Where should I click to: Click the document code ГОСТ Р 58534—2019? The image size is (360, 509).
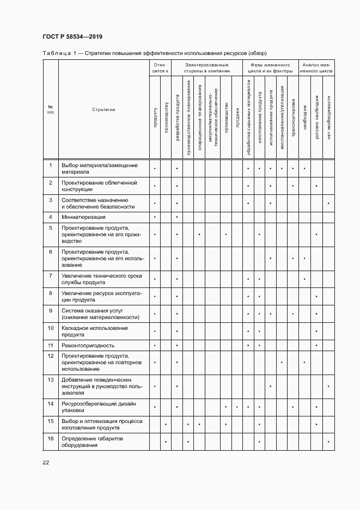[x=72, y=36]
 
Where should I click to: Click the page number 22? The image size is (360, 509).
[x=46, y=462]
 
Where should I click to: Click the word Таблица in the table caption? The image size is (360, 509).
[x=56, y=53]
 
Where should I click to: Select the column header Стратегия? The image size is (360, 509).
[x=103, y=109]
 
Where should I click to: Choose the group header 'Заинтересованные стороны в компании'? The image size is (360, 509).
[x=206, y=68]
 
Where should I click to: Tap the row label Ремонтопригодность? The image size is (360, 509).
[x=88, y=345]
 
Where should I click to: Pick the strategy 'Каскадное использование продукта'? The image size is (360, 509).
[x=95, y=331]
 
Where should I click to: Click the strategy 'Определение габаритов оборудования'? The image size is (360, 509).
[x=93, y=441]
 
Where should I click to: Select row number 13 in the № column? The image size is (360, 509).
[x=51, y=379]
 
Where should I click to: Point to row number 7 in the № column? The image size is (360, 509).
[x=51, y=276]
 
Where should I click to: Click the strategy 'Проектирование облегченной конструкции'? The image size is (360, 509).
[x=99, y=186]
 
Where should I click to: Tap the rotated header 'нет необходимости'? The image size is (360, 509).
[x=328, y=117]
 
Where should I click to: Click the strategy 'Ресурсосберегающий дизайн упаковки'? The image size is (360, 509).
[x=99, y=407]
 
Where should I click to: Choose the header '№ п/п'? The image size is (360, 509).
[x=51, y=109]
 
